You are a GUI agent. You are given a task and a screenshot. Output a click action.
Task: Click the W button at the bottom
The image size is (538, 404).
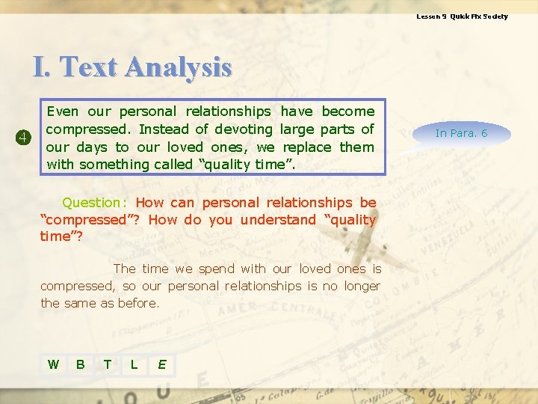point(53,364)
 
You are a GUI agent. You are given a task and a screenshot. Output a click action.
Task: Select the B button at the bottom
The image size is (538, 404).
point(80,364)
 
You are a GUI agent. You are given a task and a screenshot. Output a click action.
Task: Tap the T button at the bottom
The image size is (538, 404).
point(108,364)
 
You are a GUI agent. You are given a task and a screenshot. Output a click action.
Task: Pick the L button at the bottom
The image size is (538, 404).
point(134,364)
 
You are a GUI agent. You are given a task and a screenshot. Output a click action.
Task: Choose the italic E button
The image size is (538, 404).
point(161,364)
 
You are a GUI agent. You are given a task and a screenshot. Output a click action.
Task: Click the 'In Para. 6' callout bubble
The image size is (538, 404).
point(461,133)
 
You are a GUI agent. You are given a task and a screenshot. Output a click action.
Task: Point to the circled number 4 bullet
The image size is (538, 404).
point(23,138)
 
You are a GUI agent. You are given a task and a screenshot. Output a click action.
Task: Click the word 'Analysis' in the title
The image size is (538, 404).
point(179,67)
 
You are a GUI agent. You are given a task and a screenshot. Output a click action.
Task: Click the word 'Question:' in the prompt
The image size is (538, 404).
point(95,202)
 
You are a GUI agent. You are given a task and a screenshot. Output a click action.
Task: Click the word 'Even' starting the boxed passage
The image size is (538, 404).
point(62,111)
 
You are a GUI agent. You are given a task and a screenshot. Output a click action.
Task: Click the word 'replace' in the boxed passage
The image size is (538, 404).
point(306,147)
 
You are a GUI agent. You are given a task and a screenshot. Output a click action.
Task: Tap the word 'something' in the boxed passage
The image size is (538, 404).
point(114,165)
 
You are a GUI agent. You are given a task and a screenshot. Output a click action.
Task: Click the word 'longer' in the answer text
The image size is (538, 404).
point(362,286)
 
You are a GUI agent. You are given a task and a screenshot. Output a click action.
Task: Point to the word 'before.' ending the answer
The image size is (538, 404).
point(139,303)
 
